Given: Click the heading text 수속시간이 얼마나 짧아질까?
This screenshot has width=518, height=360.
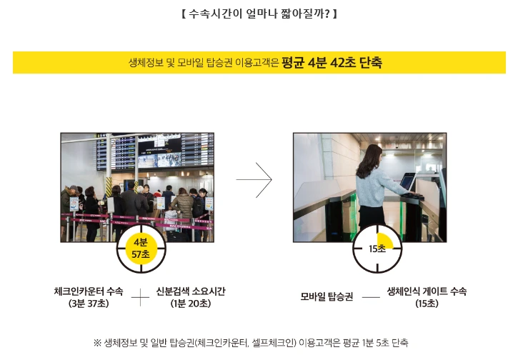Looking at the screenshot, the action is (259, 14).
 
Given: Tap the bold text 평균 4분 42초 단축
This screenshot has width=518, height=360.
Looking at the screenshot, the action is (332, 62).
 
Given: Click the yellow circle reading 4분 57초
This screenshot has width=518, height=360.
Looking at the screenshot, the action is (141, 249).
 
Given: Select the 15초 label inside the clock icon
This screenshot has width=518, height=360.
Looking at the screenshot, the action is (377, 249).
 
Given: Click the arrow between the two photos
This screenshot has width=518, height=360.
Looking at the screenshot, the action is (254, 180).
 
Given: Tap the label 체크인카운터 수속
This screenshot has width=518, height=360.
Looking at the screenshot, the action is (89, 291).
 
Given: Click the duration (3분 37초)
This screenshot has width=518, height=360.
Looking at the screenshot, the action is (89, 303).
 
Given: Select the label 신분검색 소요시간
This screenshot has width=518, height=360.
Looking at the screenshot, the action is (191, 291).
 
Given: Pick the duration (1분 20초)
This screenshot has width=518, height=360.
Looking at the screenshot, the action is (191, 303).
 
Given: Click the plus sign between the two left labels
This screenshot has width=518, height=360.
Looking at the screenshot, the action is (141, 297).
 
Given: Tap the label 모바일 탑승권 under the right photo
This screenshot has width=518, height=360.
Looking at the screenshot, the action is (327, 296).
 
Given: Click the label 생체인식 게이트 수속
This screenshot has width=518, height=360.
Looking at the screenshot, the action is (427, 291).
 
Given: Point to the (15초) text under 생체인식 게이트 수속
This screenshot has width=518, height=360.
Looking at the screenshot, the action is (427, 303).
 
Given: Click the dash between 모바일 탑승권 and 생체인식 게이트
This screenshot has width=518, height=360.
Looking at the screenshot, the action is (371, 297).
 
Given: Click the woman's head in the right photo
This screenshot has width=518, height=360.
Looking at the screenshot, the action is (373, 155).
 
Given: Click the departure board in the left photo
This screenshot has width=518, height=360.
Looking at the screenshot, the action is (155, 151).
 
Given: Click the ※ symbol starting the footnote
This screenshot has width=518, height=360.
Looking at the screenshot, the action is (97, 343).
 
